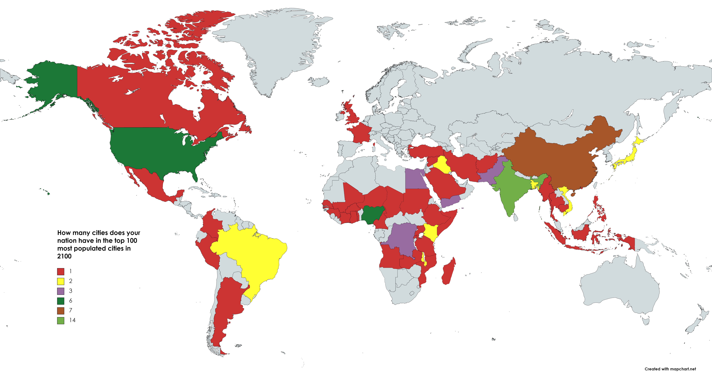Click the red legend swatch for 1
61,271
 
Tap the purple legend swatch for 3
61,291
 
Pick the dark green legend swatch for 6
61,301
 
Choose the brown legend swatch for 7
61,311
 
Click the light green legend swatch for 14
61,320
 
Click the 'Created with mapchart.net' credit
670,369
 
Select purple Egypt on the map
415,179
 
